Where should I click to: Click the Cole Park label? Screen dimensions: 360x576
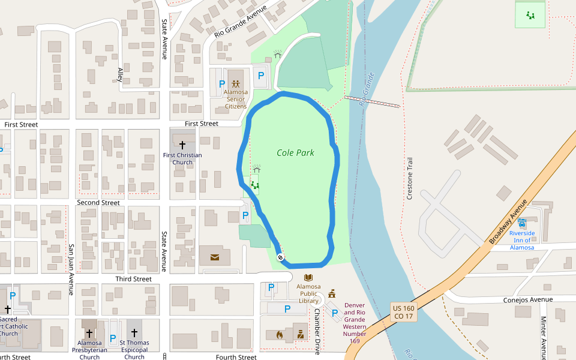tap(295, 152)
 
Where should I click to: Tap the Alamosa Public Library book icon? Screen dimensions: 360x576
tap(308, 278)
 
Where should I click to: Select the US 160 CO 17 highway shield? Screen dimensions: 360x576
tap(403, 311)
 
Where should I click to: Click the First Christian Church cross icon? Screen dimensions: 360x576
tap(182, 145)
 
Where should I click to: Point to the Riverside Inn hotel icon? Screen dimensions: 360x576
tap(522, 223)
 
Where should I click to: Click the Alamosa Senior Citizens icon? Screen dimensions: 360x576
tap(236, 84)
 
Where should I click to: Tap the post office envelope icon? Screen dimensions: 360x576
tap(215, 257)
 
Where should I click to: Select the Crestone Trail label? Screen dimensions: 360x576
tap(410, 179)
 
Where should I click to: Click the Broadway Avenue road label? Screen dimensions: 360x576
tap(506, 221)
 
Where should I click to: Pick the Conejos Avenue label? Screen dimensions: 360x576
tap(529, 299)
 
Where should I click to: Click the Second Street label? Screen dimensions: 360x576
tap(98, 203)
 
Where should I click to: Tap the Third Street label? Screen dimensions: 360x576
tap(134, 279)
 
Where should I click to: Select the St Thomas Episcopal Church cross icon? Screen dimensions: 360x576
tap(134, 333)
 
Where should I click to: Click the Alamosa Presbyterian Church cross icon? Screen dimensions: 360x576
tap(89, 333)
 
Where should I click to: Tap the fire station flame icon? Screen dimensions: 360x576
tap(279, 334)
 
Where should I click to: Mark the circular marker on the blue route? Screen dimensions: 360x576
tap(280, 257)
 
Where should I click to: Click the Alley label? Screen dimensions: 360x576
tap(120, 74)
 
